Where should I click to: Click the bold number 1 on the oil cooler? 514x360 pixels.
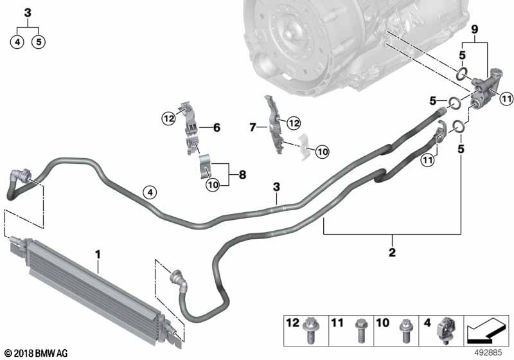(98, 255)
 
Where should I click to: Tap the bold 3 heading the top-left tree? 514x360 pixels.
(27, 12)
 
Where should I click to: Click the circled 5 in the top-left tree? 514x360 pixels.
(39, 42)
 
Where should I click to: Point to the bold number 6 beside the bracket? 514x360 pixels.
(217, 128)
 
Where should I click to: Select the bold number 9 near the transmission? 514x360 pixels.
(475, 30)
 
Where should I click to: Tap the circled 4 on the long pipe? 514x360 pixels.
(149, 191)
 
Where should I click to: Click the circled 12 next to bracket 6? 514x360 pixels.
(169, 118)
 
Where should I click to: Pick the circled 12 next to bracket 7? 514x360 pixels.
(294, 122)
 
